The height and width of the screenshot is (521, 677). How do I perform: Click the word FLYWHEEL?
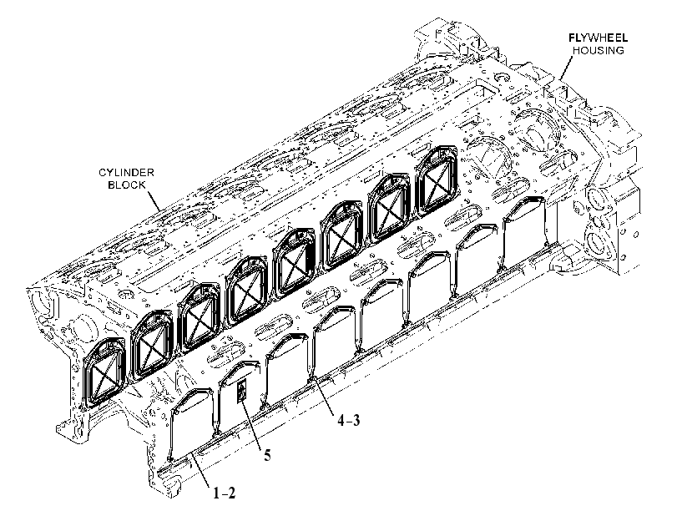click(598, 38)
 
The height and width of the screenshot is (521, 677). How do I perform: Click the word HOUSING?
click(598, 51)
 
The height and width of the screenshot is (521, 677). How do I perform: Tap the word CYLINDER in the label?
click(127, 173)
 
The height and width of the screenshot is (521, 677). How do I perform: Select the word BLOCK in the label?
click(127, 185)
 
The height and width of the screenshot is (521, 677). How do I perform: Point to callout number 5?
click(267, 455)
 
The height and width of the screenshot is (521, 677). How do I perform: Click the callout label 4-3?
click(348, 420)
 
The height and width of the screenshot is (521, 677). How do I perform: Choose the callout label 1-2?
click(224, 493)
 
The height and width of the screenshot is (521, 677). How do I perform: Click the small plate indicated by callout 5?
click(242, 392)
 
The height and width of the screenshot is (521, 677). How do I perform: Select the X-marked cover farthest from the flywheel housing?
click(103, 372)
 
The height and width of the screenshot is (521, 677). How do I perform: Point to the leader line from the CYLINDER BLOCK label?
click(156, 200)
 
